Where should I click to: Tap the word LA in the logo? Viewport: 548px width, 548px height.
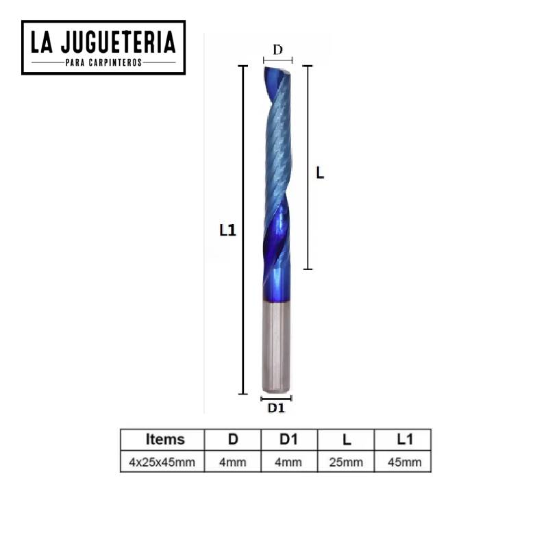tap(45, 43)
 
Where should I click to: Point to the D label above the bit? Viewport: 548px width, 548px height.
tap(277, 50)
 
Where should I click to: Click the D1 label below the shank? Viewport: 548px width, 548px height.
tap(277, 408)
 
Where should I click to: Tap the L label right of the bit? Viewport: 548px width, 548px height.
tap(320, 173)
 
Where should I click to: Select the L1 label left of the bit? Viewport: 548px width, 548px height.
tap(227, 231)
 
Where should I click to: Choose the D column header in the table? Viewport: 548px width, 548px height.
tap(233, 439)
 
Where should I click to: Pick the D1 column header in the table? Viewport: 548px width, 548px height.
tap(288, 439)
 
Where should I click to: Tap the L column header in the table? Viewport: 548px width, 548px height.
tap(345, 439)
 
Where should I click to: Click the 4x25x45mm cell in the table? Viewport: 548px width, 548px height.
tap(162, 462)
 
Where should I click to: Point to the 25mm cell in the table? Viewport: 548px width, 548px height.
tap(345, 462)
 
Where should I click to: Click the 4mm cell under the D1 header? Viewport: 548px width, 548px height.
tap(288, 462)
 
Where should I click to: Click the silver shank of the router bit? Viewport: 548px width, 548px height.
tap(277, 346)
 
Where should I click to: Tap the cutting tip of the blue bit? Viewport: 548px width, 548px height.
tap(277, 69)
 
